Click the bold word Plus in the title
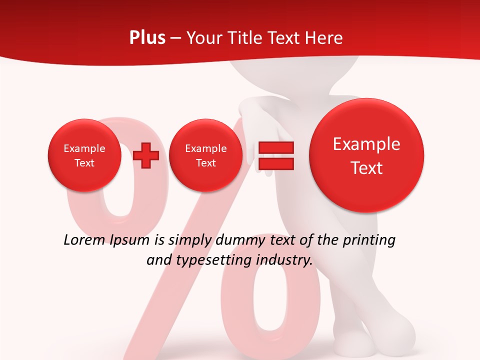147,38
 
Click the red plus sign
146,155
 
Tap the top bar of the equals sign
275,147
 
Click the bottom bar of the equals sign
275,163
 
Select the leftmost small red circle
84,155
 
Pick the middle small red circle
205,155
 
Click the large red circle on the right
366,155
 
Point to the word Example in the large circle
366,144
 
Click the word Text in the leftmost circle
84,163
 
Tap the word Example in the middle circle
205,148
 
